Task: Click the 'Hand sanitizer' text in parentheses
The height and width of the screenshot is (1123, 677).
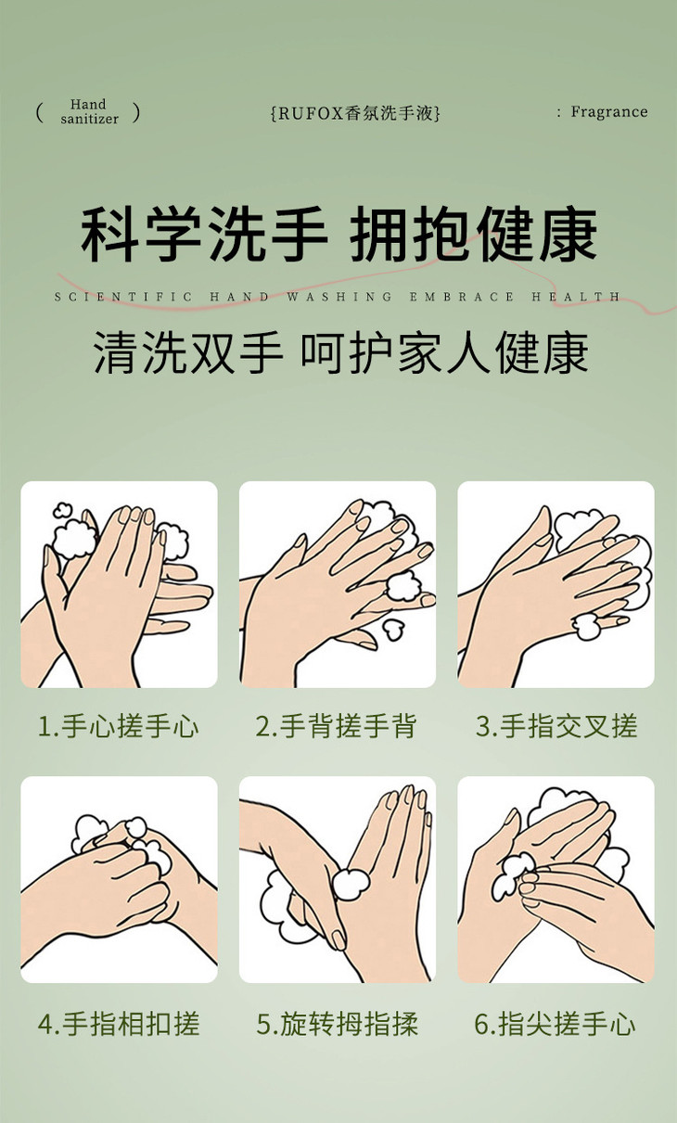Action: pos(89,112)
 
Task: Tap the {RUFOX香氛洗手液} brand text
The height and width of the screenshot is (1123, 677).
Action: pos(355,113)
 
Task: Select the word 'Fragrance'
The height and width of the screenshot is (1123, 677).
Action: pos(608,112)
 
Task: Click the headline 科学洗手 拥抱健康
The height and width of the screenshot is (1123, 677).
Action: pos(339,235)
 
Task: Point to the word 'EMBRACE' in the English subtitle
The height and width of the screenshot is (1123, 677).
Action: pos(462,297)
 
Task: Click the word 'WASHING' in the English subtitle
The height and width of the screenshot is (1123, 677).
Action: pos(339,297)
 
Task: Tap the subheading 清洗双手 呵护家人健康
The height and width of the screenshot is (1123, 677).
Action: pos(340,352)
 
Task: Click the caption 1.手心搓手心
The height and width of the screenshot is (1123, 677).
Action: pos(119,726)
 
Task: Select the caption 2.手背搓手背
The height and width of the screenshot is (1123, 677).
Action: pos(337,726)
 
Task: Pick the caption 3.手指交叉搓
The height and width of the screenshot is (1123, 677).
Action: pos(556,726)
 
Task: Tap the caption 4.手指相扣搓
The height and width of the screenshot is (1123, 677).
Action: pos(119,1024)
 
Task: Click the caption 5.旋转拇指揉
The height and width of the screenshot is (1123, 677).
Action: pos(337,1024)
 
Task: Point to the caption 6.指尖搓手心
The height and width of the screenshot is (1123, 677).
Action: pos(556,1024)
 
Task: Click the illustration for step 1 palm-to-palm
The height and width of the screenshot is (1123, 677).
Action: pos(119,584)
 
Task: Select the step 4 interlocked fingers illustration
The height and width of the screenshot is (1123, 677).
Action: pos(119,881)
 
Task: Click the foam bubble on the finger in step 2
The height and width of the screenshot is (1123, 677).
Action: pos(404,586)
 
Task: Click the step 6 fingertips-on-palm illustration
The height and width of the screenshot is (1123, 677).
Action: pos(556,881)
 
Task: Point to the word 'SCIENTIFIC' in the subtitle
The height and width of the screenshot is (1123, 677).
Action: pos(122,297)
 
